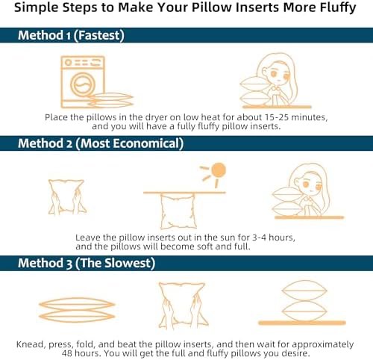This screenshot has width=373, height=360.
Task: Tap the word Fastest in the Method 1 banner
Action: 99,35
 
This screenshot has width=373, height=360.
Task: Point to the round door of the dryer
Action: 83,84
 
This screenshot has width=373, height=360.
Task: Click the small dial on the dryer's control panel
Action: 68,63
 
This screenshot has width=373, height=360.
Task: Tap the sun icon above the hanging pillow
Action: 219,170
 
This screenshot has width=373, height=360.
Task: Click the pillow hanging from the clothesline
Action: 178,211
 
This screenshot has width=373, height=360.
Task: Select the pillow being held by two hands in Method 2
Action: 66,196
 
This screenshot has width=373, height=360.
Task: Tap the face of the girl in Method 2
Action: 311,185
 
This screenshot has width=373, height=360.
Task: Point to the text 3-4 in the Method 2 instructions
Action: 259,238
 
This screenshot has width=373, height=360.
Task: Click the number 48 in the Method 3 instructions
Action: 67,353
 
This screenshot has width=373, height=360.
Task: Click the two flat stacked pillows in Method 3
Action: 77,310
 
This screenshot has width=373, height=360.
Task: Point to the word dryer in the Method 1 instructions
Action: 157,117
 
